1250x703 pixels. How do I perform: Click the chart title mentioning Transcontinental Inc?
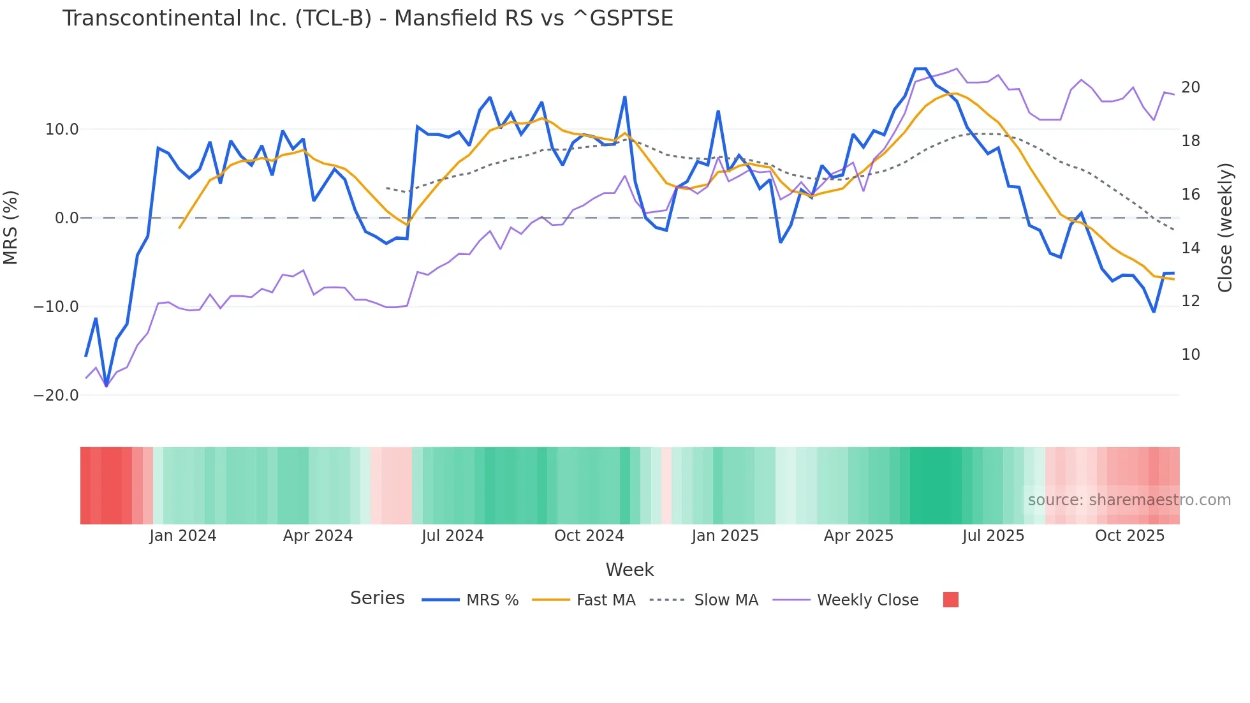(367, 18)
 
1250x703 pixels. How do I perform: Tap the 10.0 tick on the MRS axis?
(61, 129)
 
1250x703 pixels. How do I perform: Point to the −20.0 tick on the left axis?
(56, 396)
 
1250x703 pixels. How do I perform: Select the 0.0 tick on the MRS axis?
(66, 218)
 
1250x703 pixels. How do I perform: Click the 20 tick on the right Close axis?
(1190, 87)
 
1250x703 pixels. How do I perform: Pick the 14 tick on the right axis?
(1190, 248)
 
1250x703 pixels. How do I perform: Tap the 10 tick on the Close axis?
(1190, 355)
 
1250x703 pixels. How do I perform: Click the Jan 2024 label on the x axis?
(183, 536)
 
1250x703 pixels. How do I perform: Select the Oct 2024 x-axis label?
(589, 536)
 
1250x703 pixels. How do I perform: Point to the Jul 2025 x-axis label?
(993, 536)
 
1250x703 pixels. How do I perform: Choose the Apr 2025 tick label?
(858, 536)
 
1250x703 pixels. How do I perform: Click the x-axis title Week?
(629, 570)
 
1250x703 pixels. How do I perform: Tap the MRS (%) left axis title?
(11, 228)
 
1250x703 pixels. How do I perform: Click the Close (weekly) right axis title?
(1225, 228)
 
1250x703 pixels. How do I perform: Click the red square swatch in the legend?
(950, 600)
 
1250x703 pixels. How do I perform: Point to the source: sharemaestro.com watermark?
(1129, 500)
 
